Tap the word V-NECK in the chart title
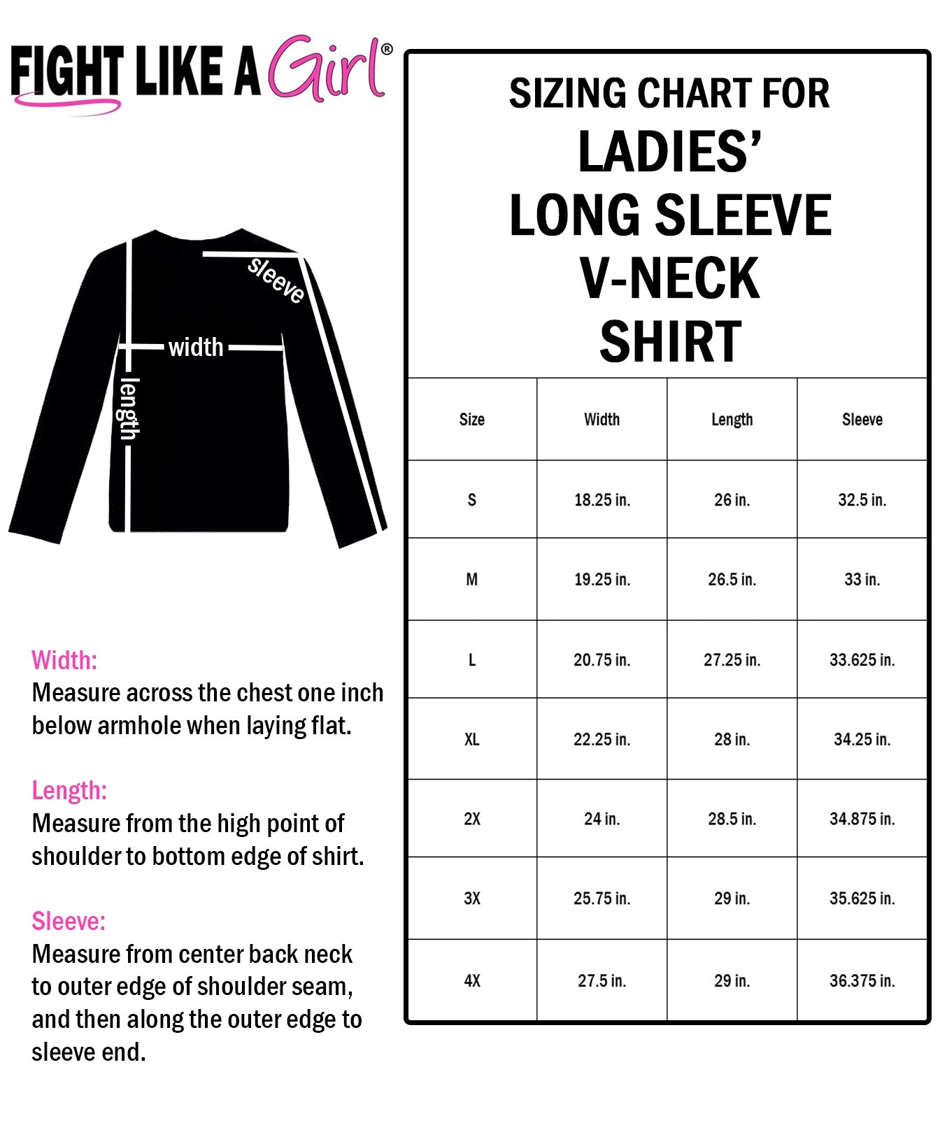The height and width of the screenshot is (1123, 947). tap(669, 278)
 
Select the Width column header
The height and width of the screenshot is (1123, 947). tap(601, 420)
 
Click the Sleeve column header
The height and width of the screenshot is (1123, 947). tap(862, 420)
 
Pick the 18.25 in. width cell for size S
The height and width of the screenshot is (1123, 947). tap(601, 500)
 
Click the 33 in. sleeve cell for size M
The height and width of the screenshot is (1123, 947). tap(862, 580)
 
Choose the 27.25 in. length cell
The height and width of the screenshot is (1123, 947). tap(732, 660)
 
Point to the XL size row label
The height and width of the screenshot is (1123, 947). tap(472, 740)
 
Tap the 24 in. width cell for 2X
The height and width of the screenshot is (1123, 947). tap(601, 819)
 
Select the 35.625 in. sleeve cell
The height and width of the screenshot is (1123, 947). tap(862, 899)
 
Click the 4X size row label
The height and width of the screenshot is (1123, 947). tap(472, 981)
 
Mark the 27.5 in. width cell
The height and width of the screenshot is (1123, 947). tap(601, 981)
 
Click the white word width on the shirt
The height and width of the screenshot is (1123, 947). tap(196, 347)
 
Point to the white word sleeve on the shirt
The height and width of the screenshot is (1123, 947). tap(276, 280)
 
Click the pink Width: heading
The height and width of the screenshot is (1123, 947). tap(64, 660)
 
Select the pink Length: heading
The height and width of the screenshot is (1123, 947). tap(69, 791)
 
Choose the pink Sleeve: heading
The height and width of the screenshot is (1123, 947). tap(69, 922)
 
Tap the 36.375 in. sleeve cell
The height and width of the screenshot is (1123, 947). tap(862, 981)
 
